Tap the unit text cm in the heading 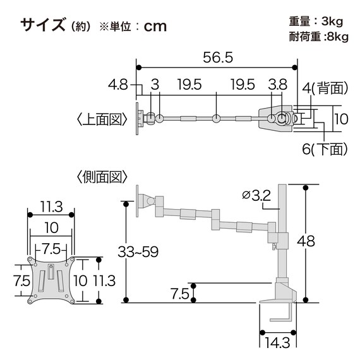point(155,26)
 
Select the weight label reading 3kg point(335,21)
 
